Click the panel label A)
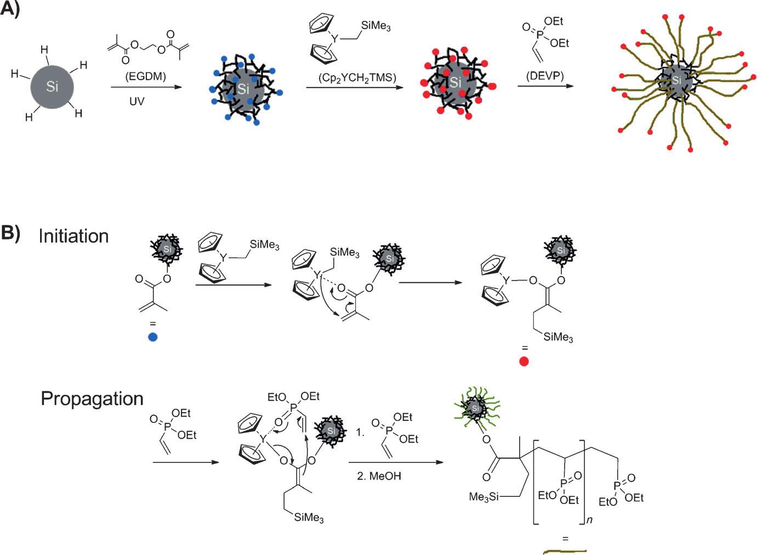pos(10,9)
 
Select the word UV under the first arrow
pos(136,101)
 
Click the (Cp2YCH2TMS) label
pos(357,78)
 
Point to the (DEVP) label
pos(544,76)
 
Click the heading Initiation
pos(73,236)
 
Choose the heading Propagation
pos(92,398)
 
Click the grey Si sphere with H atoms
pos(52,86)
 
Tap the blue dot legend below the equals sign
pos(153,337)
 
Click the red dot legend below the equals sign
pos(524,362)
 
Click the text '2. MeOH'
pos(379,476)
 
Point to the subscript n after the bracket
pos(589,520)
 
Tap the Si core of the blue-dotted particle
pos(243,89)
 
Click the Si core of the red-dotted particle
pos(455,82)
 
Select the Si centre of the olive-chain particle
pos(677,80)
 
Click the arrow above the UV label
pos(145,87)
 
